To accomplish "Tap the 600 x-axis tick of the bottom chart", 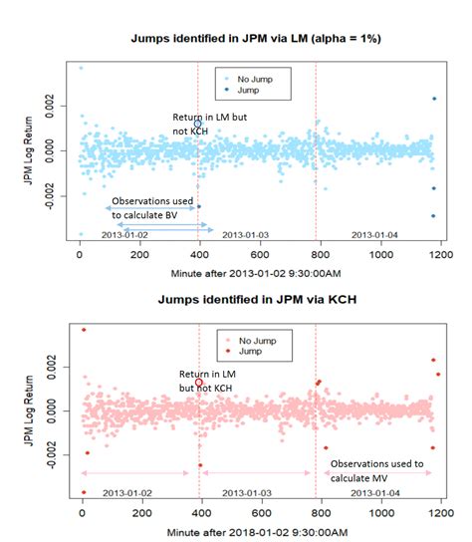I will coord(262,514).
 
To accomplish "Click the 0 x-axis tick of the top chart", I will coord(81,254).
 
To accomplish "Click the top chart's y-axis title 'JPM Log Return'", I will coord(28,149).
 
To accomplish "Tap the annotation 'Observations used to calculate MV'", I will coord(376,471).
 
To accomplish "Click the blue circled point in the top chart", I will coord(198,124).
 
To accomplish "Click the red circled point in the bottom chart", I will coord(199,382).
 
